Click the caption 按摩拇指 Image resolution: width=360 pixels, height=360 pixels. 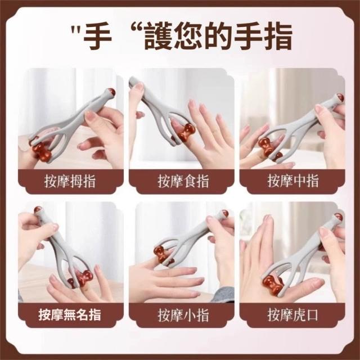[70, 181]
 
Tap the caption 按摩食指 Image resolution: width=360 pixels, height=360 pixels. [183, 181]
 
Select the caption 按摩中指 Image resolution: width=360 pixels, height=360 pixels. [293, 181]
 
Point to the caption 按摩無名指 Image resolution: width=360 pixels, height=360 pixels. [70, 314]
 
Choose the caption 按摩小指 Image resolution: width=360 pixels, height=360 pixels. [183, 315]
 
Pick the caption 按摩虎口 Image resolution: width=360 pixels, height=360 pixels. [293, 315]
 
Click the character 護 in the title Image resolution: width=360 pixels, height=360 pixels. [159, 37]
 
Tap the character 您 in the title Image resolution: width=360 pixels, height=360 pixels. [189, 37]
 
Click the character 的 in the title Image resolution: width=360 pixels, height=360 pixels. [219, 37]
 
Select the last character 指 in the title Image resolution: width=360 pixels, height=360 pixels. [278, 37]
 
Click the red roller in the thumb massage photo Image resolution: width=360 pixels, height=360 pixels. [42, 151]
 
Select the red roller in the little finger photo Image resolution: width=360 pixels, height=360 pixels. [161, 254]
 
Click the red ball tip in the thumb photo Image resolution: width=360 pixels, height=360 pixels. [112, 92]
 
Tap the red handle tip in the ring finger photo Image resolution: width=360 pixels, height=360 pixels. [38, 209]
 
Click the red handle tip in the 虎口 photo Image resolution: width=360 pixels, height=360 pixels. [339, 217]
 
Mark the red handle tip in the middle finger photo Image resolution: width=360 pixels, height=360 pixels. [340, 97]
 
